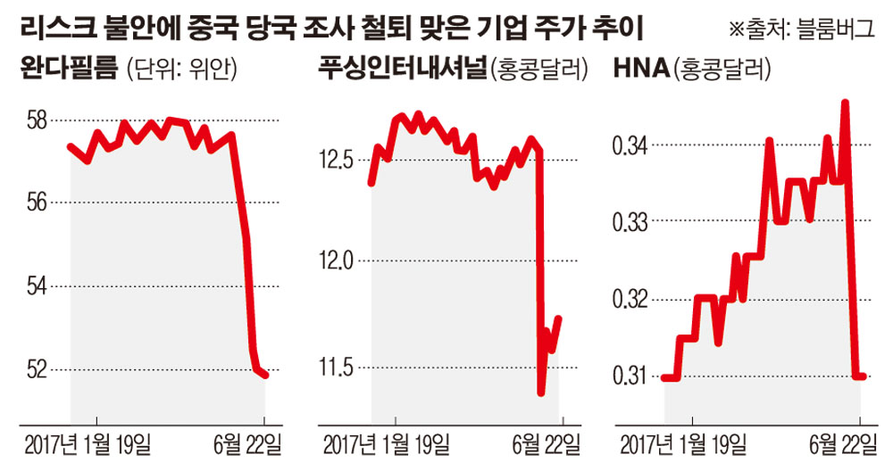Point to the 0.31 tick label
coord(630,376)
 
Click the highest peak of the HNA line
coord(845,103)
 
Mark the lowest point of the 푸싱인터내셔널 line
coord(541,392)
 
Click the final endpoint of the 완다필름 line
coord(265,376)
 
